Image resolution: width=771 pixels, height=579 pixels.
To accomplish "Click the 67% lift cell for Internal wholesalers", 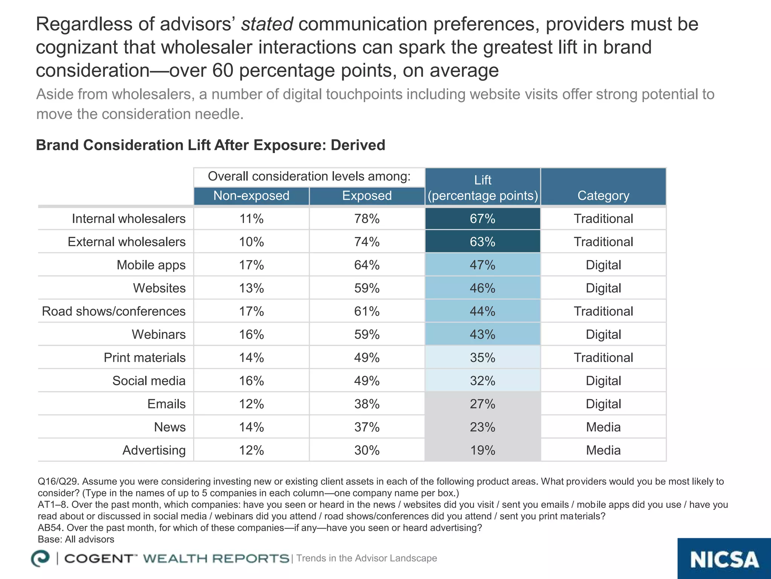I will click(482, 219).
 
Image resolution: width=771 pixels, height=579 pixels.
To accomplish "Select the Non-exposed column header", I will click(251, 196).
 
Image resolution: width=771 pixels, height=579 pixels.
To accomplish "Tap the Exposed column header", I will click(367, 196).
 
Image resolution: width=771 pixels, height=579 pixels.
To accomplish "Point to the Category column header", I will click(603, 196).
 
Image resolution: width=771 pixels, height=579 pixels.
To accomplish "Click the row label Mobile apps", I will click(151, 265).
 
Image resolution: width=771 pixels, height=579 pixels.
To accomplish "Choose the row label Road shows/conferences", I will click(114, 311).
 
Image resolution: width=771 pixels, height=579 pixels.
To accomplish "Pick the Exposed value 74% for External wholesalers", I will click(367, 242).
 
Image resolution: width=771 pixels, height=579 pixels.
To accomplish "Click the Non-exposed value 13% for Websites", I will click(251, 288).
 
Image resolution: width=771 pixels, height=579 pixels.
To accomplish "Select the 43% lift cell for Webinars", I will click(482, 334).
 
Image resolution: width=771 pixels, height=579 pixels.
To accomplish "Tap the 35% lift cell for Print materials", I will click(482, 357).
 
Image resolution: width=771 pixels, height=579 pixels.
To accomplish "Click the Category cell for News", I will click(603, 427).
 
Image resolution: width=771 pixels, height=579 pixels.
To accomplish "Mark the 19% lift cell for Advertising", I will click(482, 450).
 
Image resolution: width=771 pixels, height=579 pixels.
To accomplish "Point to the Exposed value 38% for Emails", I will click(367, 404).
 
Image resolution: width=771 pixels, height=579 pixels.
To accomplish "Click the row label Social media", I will click(149, 381).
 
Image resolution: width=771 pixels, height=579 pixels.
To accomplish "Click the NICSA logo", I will click(724, 559).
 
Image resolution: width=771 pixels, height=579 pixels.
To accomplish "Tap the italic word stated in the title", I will click(267, 24).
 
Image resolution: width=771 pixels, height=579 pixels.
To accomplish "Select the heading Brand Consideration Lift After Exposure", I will click(210, 145).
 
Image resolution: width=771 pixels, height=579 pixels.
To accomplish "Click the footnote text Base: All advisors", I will click(76, 539).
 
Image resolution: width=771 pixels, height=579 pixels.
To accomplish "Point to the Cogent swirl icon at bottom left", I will click(40, 558).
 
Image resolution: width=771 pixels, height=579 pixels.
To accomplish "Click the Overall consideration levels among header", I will click(309, 176).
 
